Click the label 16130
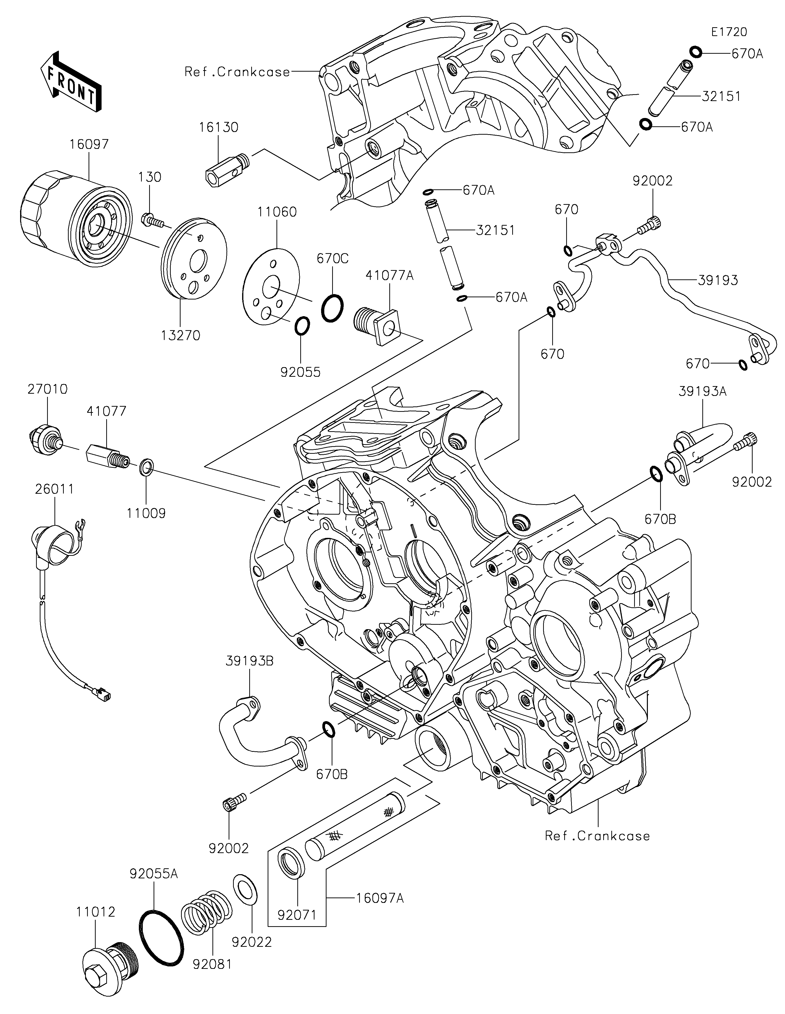click(x=219, y=127)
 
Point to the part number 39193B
click(x=250, y=661)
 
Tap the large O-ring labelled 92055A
click(x=161, y=937)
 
